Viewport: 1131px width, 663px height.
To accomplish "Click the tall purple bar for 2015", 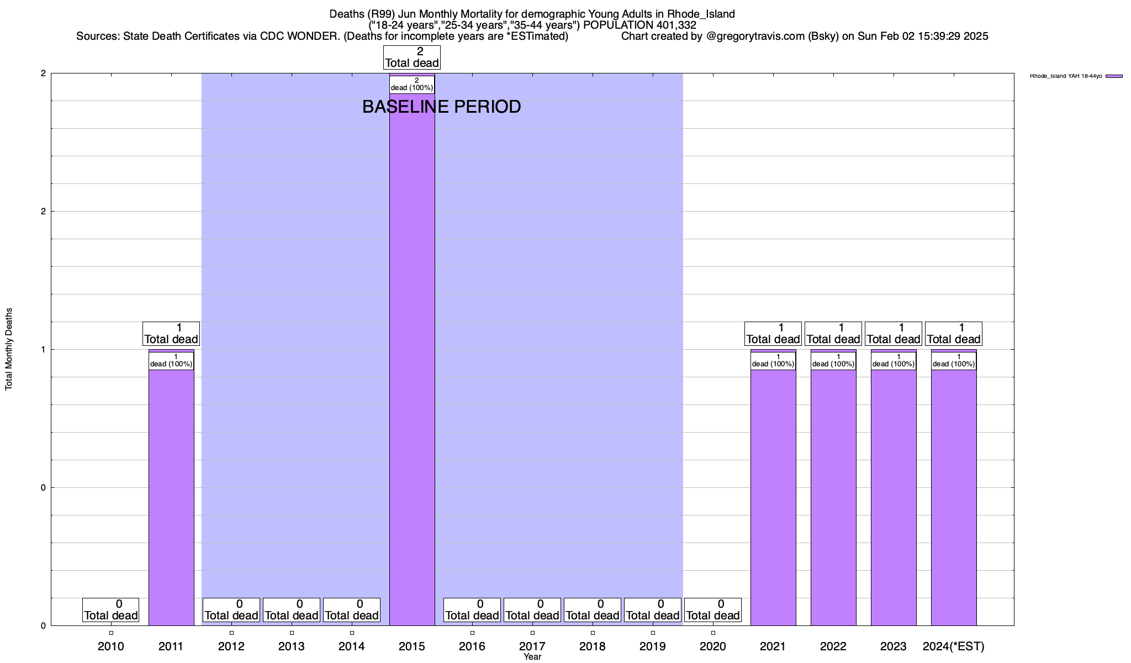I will pyautogui.click(x=412, y=359).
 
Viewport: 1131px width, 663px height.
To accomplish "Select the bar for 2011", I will pyautogui.click(x=171, y=497).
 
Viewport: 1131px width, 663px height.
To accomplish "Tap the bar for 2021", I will pyautogui.click(x=773, y=497).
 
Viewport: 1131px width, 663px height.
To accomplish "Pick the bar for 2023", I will pyautogui.click(x=894, y=497).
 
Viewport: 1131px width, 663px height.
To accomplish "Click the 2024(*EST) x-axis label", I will pyautogui.click(x=954, y=646).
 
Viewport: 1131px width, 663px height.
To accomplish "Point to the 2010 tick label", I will pyautogui.click(x=111, y=646).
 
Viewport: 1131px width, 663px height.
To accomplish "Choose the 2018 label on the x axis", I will pyautogui.click(x=593, y=646).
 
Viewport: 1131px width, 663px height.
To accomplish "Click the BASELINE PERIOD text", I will pyautogui.click(x=441, y=107).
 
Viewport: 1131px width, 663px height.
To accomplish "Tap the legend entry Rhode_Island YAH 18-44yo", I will pyautogui.click(x=1066, y=76).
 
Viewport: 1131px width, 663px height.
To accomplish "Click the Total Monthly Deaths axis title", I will pyautogui.click(x=9, y=349).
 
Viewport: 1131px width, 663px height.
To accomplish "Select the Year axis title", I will pyautogui.click(x=532, y=657).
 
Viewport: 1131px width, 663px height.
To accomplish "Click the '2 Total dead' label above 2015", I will pyautogui.click(x=412, y=57).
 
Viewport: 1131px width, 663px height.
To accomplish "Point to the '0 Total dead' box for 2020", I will pyautogui.click(x=712, y=610).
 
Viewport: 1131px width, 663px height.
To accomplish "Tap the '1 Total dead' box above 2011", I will pyautogui.click(x=171, y=334).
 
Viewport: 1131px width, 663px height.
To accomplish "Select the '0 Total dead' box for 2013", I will pyautogui.click(x=292, y=610).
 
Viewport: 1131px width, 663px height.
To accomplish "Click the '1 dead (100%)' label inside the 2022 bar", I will pyautogui.click(x=833, y=361).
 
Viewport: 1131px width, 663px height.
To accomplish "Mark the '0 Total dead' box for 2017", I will pyautogui.click(x=532, y=610).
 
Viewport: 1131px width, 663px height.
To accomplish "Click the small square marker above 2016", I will pyautogui.click(x=472, y=633).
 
